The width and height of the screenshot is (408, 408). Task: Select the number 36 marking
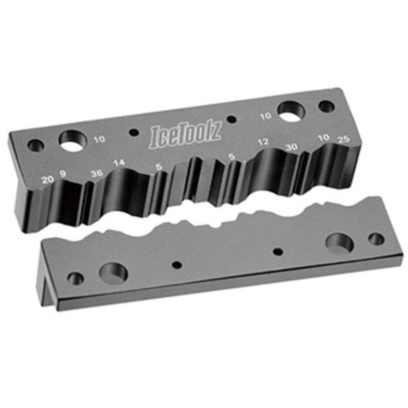click(97, 173)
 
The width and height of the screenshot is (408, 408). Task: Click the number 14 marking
click(119, 163)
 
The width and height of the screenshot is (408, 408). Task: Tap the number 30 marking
click(291, 147)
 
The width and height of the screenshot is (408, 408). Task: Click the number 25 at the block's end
click(344, 139)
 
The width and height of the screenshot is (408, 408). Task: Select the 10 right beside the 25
click(324, 137)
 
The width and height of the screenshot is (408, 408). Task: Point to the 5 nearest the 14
click(159, 167)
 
